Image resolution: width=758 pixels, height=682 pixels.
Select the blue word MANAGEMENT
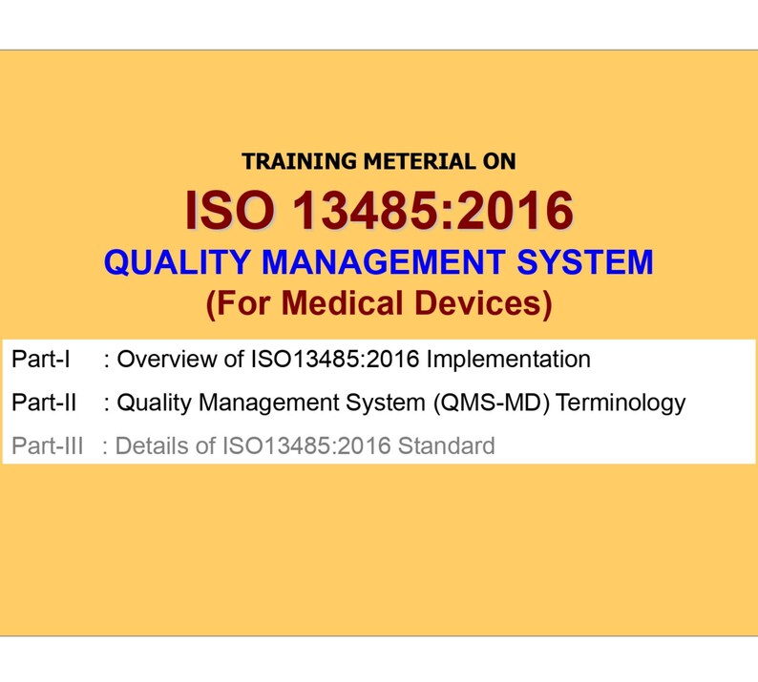[375, 261]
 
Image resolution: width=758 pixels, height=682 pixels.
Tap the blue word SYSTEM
[583, 261]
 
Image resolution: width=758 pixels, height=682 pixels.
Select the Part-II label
[44, 403]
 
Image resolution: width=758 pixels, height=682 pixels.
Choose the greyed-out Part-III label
[47, 445]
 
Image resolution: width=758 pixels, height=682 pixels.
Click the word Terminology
[621, 403]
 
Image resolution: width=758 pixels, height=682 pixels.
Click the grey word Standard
[450, 445]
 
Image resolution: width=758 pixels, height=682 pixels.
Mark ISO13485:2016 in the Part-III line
[305, 445]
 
